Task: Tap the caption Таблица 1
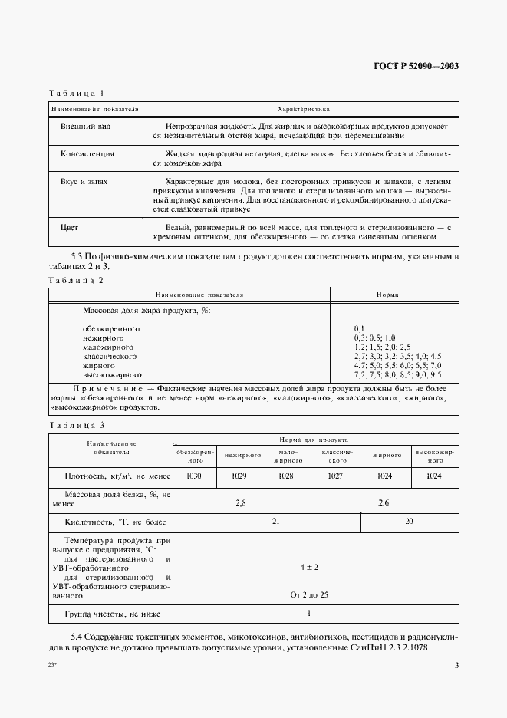click(x=76, y=94)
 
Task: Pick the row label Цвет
click(x=69, y=228)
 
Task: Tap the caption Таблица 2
click(x=76, y=280)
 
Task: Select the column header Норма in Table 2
click(x=386, y=295)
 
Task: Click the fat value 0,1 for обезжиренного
click(x=360, y=328)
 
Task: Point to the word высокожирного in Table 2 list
click(x=112, y=374)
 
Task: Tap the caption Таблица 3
click(x=76, y=425)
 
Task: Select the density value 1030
click(x=195, y=476)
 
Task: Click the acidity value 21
click(x=276, y=522)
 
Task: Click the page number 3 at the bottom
click(x=456, y=665)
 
